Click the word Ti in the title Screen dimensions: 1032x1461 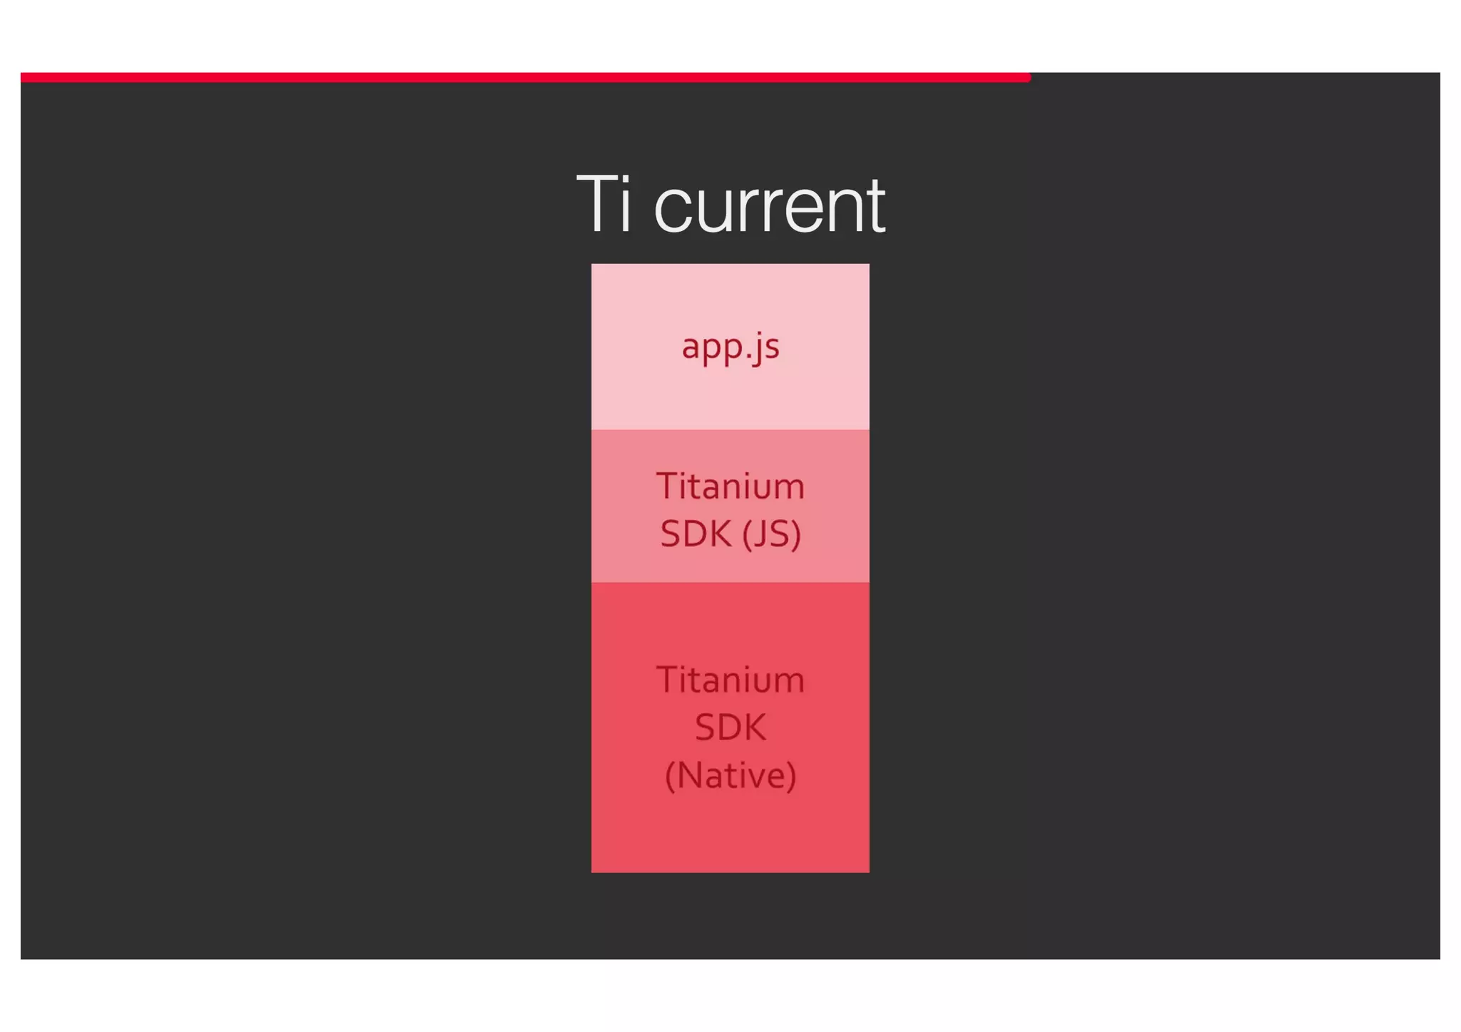604,205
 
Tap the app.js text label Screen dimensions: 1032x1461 730,347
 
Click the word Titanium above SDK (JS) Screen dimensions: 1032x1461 730,486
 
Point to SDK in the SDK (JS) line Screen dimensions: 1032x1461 696,533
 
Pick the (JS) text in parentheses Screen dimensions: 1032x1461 772,534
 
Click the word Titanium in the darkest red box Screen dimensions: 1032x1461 730,680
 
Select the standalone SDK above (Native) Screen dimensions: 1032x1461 730,727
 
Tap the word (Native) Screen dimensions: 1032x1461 730,775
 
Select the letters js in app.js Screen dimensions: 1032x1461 766,349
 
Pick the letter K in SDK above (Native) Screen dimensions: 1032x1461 754,727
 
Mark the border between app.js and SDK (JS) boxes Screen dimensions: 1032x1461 730,429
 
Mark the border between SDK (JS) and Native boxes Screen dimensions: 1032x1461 730,583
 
